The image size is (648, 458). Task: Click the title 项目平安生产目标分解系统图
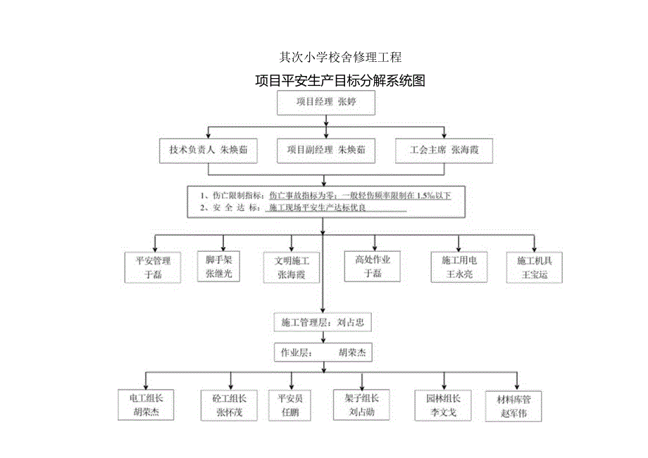click(x=340, y=80)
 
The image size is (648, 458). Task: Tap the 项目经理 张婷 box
click(x=325, y=102)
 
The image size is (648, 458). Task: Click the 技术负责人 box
click(x=208, y=150)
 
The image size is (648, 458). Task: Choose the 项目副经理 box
click(x=325, y=150)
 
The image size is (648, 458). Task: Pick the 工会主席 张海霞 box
click(x=444, y=150)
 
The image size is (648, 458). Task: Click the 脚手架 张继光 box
click(x=223, y=266)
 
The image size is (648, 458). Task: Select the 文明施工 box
click(x=291, y=267)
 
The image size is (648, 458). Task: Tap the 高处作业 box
click(x=373, y=266)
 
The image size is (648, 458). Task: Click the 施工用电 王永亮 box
click(x=459, y=267)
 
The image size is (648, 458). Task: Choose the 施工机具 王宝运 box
click(x=535, y=267)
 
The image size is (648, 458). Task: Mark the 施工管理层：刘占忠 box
click(x=323, y=323)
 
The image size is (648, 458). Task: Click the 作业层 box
click(x=323, y=352)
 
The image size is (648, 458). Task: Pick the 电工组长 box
click(x=146, y=405)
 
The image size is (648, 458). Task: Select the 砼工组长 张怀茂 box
click(x=229, y=405)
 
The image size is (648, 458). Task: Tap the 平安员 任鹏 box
click(x=289, y=405)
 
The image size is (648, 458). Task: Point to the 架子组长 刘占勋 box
click(x=361, y=405)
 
